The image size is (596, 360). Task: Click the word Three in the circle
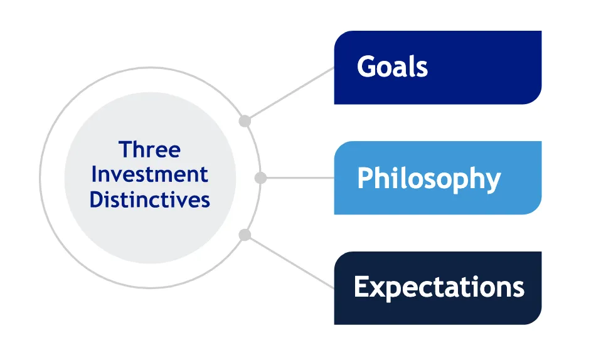pyautogui.click(x=149, y=150)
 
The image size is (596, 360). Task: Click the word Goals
pyautogui.click(x=392, y=67)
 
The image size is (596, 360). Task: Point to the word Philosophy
pyautogui.click(x=428, y=179)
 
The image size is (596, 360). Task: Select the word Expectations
pyautogui.click(x=439, y=287)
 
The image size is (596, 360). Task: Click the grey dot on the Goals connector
pyautogui.click(x=245, y=121)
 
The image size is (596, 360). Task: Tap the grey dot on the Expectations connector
pyautogui.click(x=245, y=235)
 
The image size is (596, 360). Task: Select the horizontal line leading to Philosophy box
pyautogui.click(x=298, y=178)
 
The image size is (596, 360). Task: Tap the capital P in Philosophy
pyautogui.click(x=365, y=178)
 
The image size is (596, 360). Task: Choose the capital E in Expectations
pyautogui.click(x=362, y=287)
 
